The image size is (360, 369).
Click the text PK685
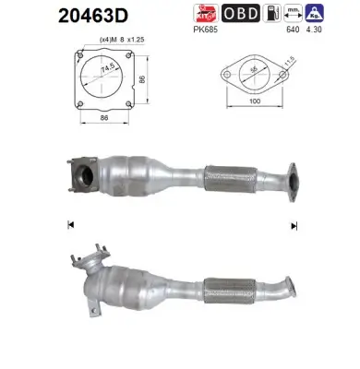pyautogui.click(x=206, y=29)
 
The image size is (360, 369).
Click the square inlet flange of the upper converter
pyautogui.click(x=82, y=176)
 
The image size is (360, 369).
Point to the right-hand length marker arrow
pyautogui.click(x=294, y=224)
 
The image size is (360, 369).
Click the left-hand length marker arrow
pyautogui.click(x=71, y=224)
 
